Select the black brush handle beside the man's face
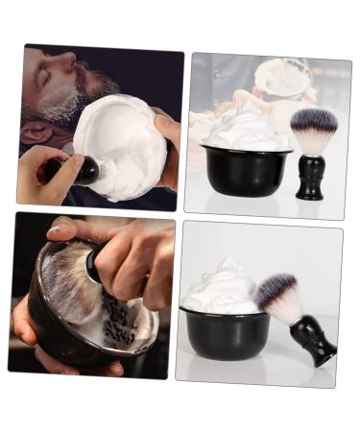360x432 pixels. [x=84, y=171]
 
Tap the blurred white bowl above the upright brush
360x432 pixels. [x=284, y=80]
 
